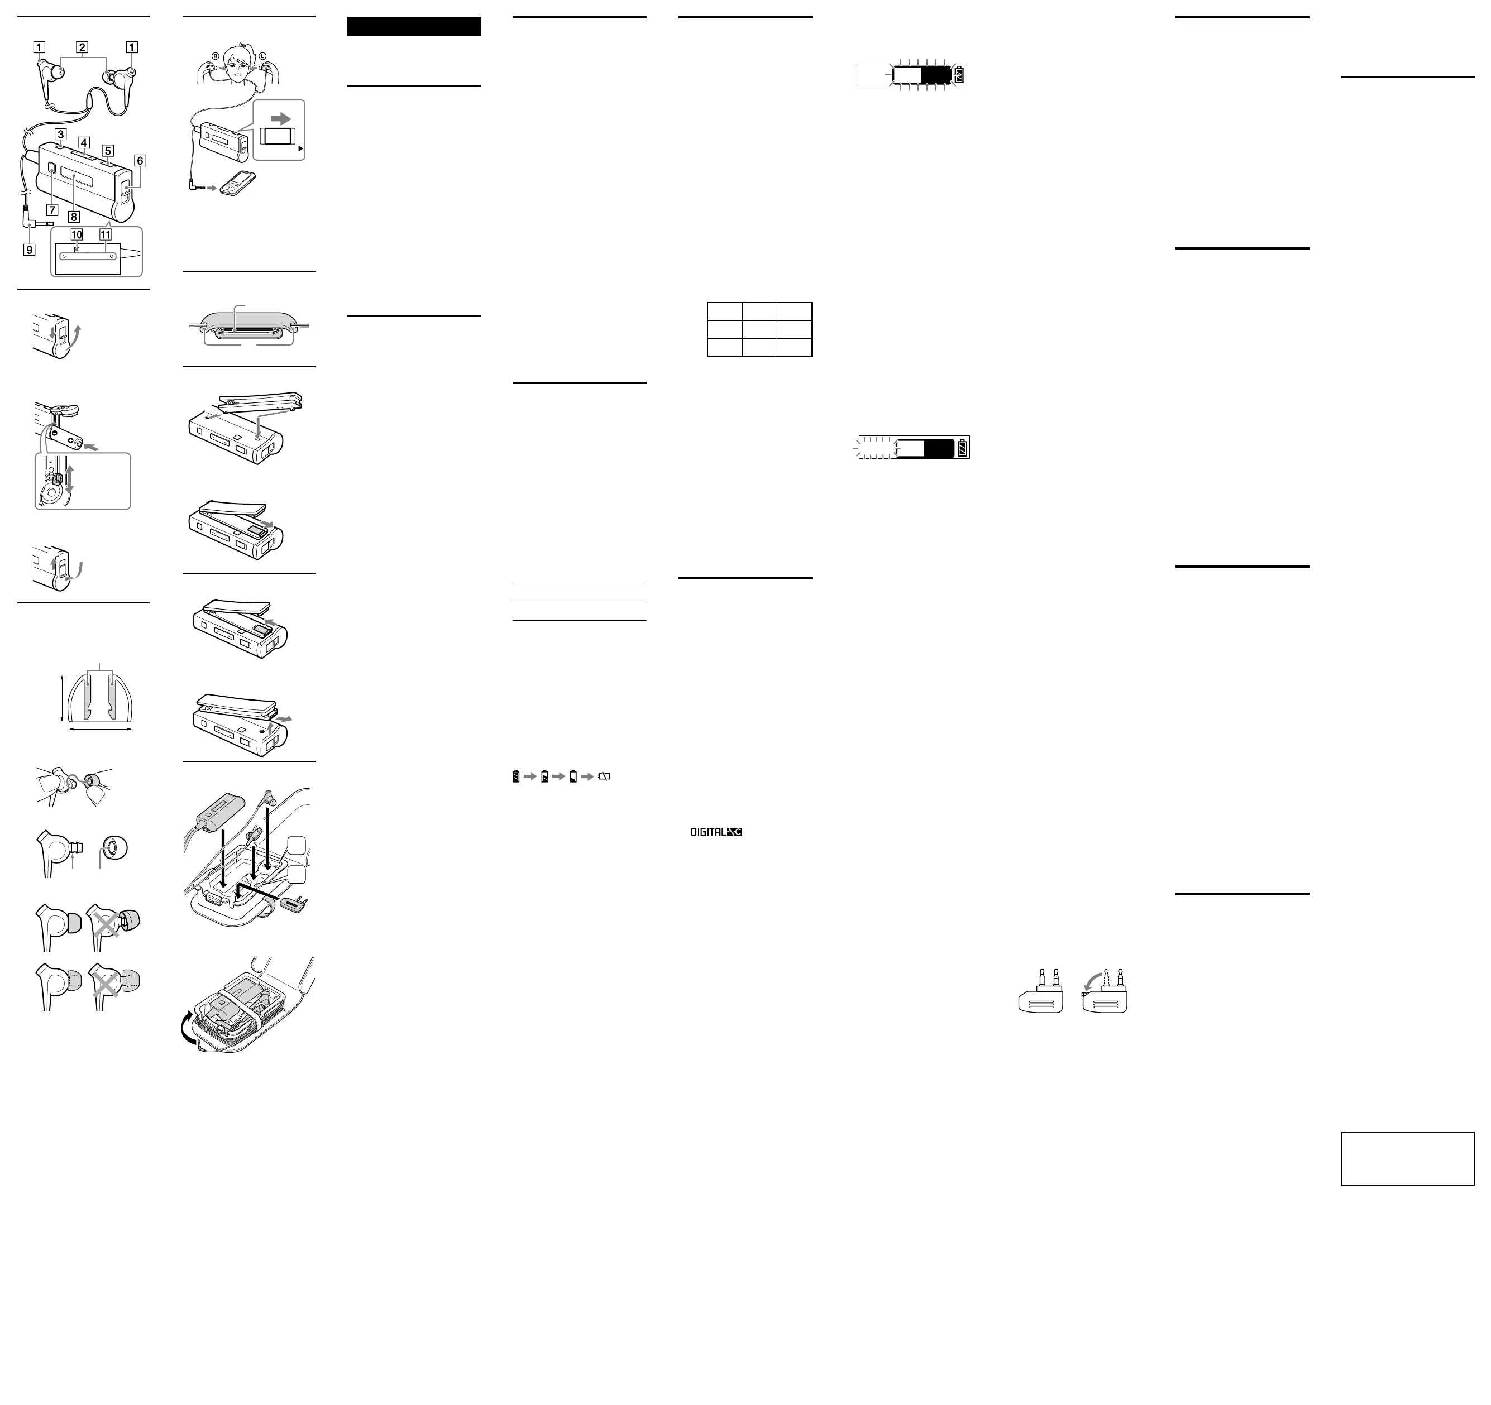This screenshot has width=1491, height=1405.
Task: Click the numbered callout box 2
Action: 83,47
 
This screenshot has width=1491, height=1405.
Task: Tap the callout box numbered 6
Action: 140,160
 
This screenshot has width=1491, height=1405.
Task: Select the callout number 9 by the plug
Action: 29,250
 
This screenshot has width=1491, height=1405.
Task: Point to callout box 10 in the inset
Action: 77,234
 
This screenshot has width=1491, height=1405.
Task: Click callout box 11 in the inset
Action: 105,234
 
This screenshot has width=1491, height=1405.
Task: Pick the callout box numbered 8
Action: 74,217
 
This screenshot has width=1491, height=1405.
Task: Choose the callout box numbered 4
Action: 84,142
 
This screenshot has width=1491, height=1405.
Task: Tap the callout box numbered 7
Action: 52,210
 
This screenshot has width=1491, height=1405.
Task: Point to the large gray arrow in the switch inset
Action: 280,118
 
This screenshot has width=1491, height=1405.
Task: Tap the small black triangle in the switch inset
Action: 301,149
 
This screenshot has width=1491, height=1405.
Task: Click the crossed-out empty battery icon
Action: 604,776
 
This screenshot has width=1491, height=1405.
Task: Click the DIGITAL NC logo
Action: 716,832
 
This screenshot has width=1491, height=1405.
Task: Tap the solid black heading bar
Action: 414,26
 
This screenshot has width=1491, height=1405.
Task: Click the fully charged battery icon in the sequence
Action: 516,776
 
